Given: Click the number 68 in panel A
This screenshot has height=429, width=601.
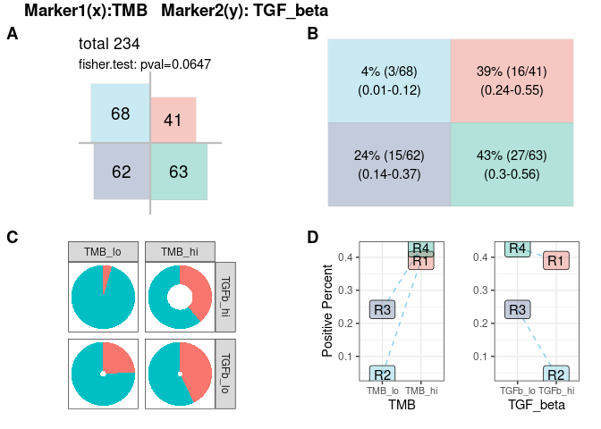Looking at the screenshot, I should (x=121, y=114).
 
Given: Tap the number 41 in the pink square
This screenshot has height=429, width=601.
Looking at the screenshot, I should (x=174, y=120).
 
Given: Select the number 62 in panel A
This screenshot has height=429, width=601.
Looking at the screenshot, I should (x=121, y=172).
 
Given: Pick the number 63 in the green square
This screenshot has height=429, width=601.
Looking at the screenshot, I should (x=178, y=172).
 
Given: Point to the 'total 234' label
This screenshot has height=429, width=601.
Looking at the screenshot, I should (x=109, y=43).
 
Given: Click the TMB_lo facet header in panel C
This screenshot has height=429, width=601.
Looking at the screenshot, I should (x=103, y=252).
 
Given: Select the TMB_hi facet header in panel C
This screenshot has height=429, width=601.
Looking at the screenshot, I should (x=179, y=252).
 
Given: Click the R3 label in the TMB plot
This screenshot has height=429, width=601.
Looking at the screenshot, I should (x=383, y=309).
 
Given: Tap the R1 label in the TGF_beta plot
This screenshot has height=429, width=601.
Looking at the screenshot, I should (x=555, y=261).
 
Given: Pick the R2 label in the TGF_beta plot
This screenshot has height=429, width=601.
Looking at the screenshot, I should (x=555, y=374).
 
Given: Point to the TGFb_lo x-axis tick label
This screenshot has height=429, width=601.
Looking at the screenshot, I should (x=518, y=391).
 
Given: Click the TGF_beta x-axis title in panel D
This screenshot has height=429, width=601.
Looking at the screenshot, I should (x=536, y=405).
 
